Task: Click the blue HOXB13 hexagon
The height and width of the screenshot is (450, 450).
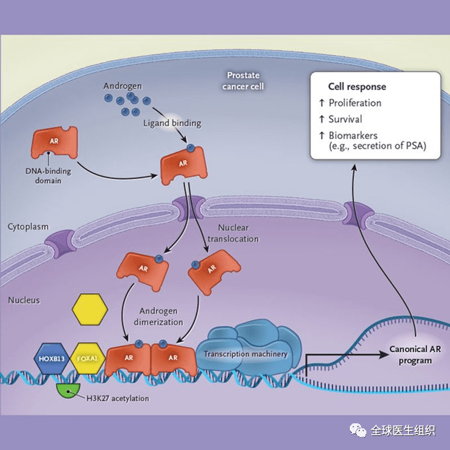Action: coord(52,357)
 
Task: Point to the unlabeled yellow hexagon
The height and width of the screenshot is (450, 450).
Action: coord(89,310)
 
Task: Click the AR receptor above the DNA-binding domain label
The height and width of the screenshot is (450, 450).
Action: coord(54,143)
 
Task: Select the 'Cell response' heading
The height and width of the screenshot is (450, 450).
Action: coord(356,87)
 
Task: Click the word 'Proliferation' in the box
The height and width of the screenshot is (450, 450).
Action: coord(355,102)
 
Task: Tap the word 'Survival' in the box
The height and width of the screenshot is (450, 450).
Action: coord(345,119)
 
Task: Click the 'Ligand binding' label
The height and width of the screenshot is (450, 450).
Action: coord(172,123)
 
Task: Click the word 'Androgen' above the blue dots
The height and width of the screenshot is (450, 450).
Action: coord(123,87)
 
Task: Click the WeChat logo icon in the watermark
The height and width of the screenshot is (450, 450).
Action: coord(357,430)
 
